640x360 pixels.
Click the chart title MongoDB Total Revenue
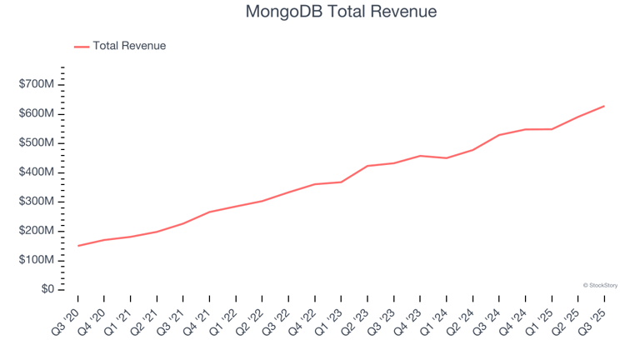(x=342, y=12)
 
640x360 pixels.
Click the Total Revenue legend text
(x=129, y=46)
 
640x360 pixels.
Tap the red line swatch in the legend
(x=82, y=47)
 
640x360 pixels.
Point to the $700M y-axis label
(x=37, y=84)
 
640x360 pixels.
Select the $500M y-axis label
(x=37, y=142)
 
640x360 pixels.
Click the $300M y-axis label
(x=37, y=202)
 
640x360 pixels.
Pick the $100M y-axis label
(x=37, y=260)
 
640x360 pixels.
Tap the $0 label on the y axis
(x=47, y=289)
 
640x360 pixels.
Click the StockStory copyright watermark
(x=600, y=285)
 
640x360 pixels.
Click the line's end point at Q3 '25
(x=604, y=106)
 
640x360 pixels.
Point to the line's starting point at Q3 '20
(x=78, y=246)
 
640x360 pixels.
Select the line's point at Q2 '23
(x=367, y=166)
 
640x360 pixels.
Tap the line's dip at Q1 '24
(x=447, y=158)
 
